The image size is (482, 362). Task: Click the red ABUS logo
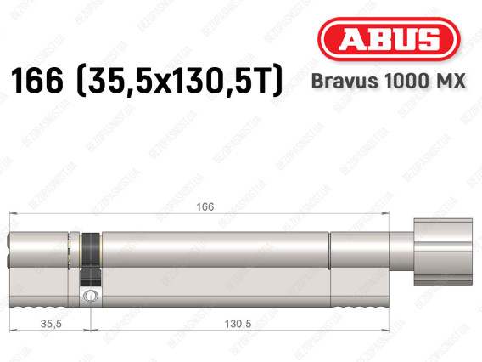coord(389,39)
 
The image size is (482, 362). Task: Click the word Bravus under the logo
coord(345,81)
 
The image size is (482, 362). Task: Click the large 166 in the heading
coord(37,81)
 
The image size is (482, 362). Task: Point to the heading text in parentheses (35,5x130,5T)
coord(180,81)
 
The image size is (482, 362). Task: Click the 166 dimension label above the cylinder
coord(205,206)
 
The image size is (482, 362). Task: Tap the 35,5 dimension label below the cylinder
coord(51,324)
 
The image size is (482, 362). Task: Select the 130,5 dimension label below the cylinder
coord(238,324)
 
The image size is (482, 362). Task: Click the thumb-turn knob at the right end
coord(443,251)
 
